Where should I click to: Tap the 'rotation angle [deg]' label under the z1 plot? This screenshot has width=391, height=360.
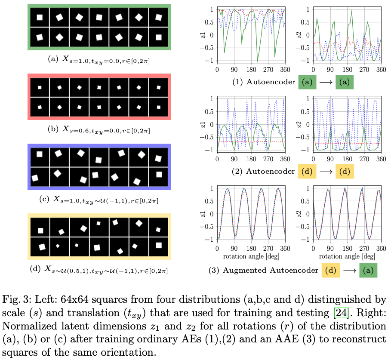click(251, 256)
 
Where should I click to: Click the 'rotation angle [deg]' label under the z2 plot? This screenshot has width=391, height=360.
click(347, 256)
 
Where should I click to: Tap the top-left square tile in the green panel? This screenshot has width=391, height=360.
click(40, 18)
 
